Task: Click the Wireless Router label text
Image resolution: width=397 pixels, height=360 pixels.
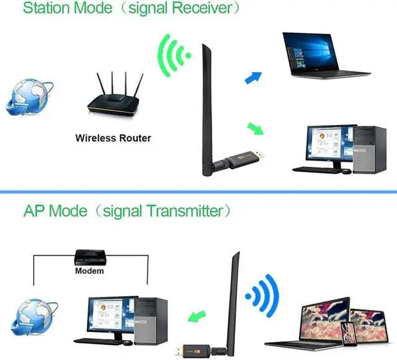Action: pyautogui.click(x=113, y=138)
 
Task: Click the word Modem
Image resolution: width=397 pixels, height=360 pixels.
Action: pyautogui.click(x=89, y=271)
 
